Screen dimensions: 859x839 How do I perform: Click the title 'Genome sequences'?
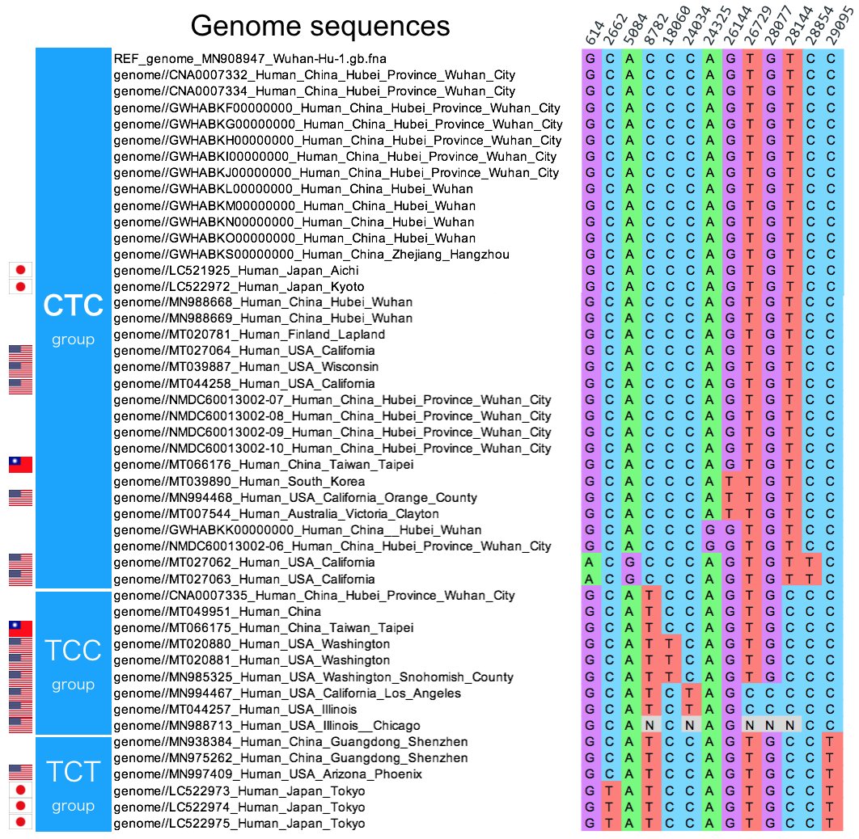320,26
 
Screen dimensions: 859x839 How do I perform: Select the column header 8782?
656,28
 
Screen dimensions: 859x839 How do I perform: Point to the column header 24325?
717,26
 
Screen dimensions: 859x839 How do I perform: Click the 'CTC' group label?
74,305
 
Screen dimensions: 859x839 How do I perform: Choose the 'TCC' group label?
74,650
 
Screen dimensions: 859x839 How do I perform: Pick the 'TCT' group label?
74,772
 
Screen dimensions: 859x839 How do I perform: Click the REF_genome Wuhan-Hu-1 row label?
250,58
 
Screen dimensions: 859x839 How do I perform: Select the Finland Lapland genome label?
249,335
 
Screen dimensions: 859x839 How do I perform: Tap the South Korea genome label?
239,482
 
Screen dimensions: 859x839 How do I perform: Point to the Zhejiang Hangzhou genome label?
311,255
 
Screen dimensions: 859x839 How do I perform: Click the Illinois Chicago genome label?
267,726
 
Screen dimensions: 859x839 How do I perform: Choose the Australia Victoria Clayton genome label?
276,514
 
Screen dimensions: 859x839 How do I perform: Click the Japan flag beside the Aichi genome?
20,270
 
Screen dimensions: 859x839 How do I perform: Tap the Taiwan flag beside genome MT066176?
20,465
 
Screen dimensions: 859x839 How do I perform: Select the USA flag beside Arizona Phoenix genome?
20,772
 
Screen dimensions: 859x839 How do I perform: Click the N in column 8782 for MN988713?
650,726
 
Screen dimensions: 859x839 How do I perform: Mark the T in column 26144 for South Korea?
730,482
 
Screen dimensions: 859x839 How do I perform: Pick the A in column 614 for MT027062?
589,563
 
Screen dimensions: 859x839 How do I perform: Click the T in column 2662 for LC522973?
609,791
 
